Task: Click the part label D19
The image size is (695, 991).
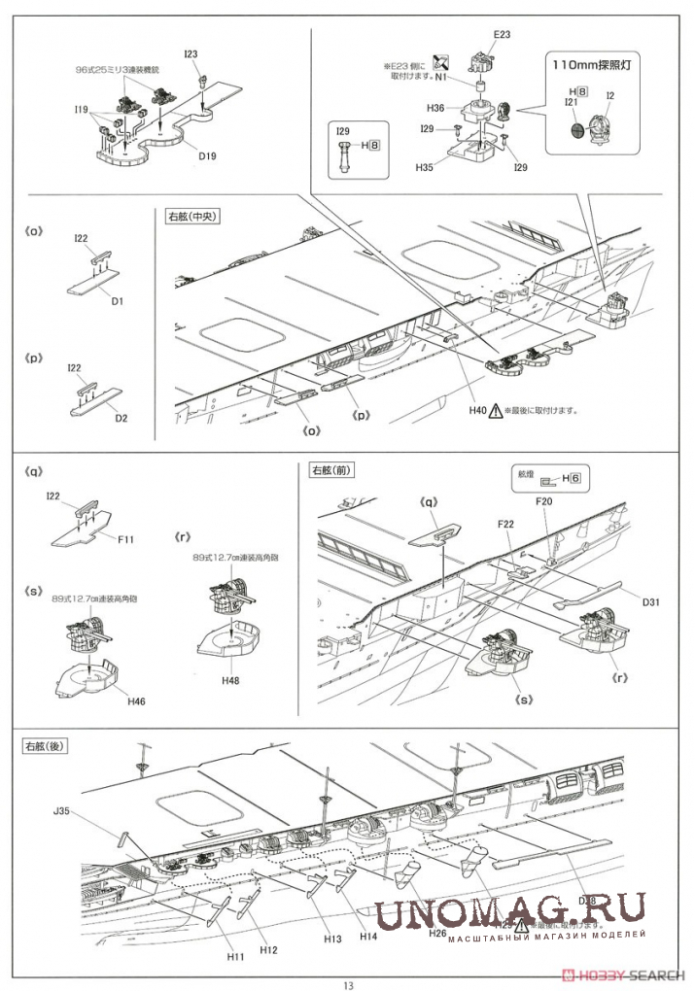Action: [x=207, y=154]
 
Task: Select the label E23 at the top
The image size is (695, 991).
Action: [x=502, y=34]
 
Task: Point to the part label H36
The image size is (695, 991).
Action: [x=434, y=109]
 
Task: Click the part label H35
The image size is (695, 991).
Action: [x=424, y=167]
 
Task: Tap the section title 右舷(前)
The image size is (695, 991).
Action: [x=330, y=469]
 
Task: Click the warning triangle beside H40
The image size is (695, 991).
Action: [x=496, y=411]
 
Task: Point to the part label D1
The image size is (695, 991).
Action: [x=117, y=301]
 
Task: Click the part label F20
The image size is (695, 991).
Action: [x=544, y=502]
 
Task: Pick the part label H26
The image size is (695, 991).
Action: [x=436, y=934]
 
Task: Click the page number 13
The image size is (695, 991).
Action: [x=348, y=982]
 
